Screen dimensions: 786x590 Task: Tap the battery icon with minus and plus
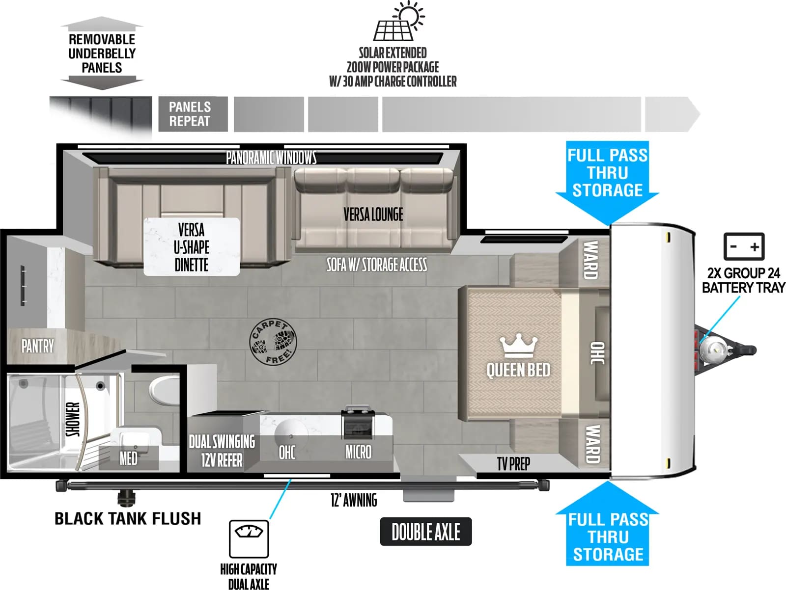pos(744,246)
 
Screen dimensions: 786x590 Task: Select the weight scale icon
pos(249,539)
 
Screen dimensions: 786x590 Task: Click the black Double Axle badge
pos(426,532)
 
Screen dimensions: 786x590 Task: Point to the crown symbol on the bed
pos(519,346)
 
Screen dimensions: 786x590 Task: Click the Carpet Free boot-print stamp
pos(273,342)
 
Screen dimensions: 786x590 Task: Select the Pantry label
pos(38,347)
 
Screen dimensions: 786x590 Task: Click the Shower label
pos(73,419)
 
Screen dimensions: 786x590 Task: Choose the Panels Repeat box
pos(193,114)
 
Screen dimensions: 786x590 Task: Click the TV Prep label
pos(513,464)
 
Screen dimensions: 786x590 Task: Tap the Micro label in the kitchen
pos(359,452)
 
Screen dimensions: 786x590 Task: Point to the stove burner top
pos(358,422)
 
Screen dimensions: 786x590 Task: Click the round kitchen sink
pos(291,434)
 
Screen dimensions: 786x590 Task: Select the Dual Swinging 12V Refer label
pos(222,451)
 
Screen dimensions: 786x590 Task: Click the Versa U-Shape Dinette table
pos(192,247)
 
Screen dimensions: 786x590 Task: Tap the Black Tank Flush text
pos(128,518)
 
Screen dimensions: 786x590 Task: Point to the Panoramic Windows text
pos(272,158)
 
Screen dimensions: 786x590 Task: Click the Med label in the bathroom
pos(128,458)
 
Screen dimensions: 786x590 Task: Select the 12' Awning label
pos(354,500)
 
